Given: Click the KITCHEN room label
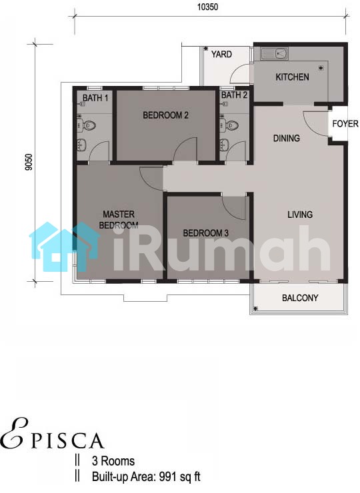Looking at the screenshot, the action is (292, 77).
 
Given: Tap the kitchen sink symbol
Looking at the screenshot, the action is (275, 53).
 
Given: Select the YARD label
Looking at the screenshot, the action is (221, 55).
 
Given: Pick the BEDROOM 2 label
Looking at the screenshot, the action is (165, 115).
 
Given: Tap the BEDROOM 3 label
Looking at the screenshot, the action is (205, 233).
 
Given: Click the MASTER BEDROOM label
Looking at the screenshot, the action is (119, 219).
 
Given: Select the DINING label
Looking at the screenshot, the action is (287, 138).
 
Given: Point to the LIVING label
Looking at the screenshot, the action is (300, 215).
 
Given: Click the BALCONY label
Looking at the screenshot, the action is (300, 298).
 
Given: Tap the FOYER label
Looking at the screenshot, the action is (345, 124).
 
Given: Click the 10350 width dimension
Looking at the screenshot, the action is (207, 7).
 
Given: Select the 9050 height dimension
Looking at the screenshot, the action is (29, 162).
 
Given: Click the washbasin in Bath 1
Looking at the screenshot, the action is (83, 145).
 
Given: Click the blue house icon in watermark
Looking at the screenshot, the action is (65, 246).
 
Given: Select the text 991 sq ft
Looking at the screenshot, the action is (180, 476).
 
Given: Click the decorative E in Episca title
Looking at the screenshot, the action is (14, 434).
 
